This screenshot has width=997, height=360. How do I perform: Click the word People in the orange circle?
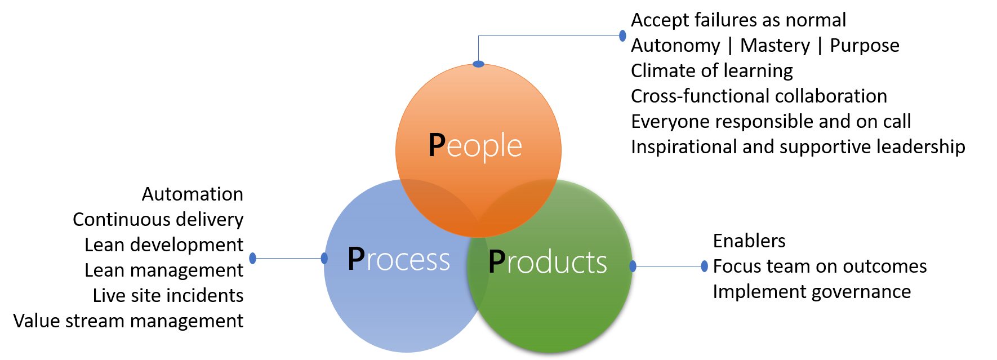(476, 146)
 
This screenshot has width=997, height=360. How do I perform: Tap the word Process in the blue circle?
(399, 260)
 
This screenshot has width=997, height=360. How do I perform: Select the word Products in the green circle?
(548, 263)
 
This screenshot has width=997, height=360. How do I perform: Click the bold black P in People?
(437, 145)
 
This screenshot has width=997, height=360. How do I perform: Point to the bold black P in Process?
(356, 259)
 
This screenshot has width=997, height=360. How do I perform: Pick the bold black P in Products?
(496, 262)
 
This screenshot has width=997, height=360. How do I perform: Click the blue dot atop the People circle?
(478, 64)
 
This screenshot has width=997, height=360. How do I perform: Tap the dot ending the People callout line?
(622, 35)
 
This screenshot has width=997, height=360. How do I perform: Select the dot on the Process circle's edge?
(324, 258)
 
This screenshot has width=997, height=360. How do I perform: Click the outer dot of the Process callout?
(252, 258)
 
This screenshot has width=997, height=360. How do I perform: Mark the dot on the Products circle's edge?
(633, 266)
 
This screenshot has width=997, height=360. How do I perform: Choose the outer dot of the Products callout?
(704, 266)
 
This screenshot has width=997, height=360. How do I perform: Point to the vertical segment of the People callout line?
(478, 48)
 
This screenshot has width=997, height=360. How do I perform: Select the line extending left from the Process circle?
(288, 259)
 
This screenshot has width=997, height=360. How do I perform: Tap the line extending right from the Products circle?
(668, 266)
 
